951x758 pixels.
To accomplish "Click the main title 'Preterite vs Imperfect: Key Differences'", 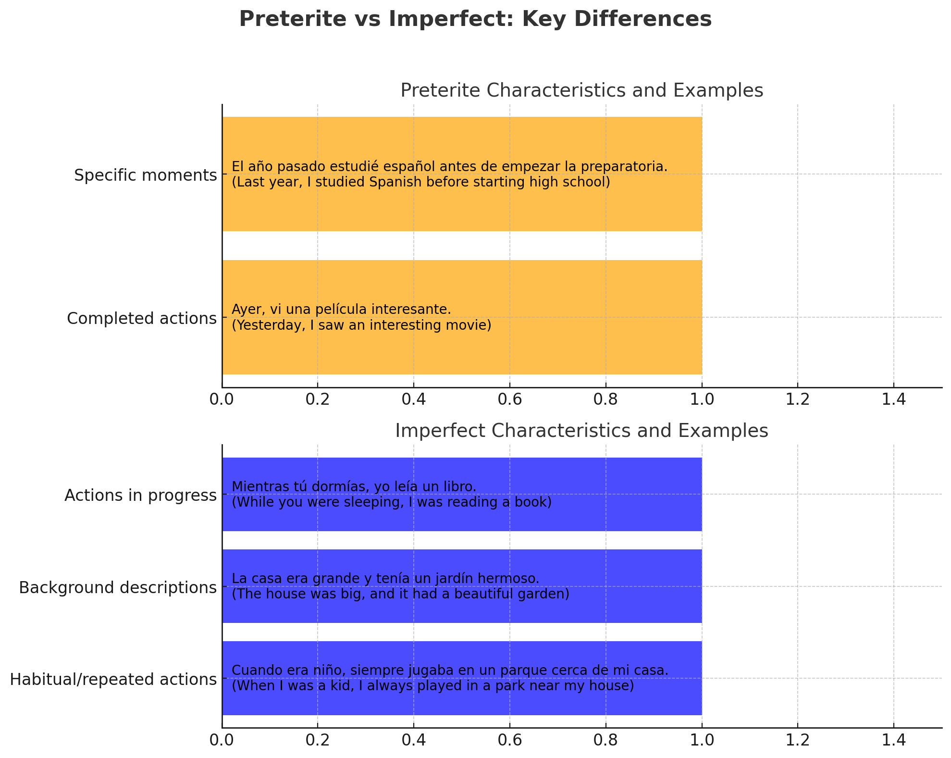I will (475, 20).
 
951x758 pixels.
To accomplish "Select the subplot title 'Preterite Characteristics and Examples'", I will (581, 90).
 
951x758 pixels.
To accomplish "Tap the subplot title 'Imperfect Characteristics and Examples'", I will (581, 431).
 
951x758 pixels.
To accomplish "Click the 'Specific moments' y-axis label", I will (146, 175).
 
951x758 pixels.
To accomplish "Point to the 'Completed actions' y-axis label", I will (142, 318).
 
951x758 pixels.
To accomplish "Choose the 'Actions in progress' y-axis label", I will (140, 495).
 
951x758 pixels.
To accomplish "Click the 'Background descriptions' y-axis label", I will (118, 587).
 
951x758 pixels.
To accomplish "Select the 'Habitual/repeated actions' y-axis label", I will (113, 679).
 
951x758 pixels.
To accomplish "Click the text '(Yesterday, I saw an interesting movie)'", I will (361, 325).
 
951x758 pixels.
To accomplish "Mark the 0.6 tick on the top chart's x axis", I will (509, 399).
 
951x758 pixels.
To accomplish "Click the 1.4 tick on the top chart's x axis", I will (893, 399).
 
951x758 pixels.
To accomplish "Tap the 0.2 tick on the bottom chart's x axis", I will (317, 740).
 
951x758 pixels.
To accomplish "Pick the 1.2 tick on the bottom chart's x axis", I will (797, 740).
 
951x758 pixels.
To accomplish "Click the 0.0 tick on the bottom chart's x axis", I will (222, 740).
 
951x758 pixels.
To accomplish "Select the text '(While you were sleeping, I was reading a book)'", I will (392, 503).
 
